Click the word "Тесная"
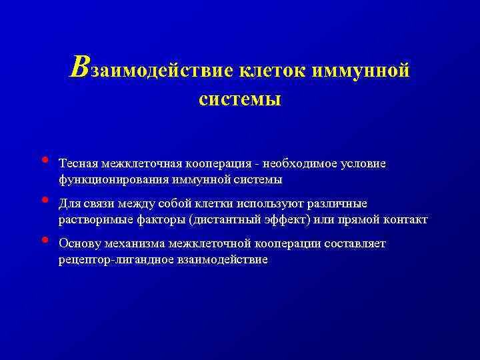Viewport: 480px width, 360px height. (78, 163)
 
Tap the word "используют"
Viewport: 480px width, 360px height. (265, 203)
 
